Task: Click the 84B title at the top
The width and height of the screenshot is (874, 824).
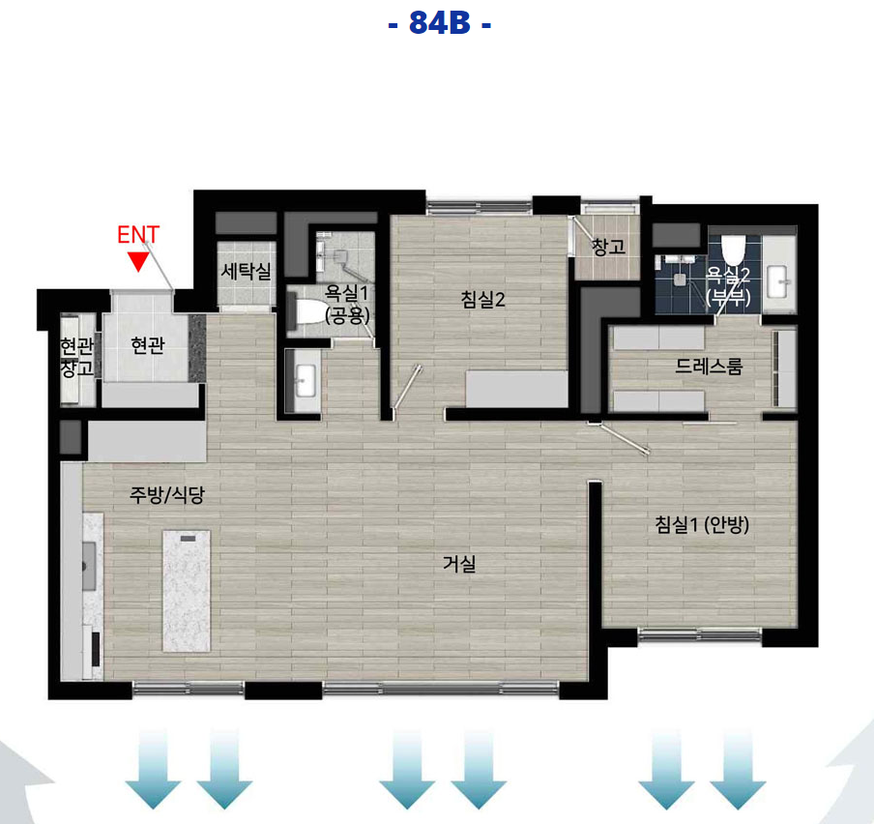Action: pos(439,23)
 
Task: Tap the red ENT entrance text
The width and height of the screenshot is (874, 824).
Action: pos(138,235)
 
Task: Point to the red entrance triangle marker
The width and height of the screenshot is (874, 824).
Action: pos(137,261)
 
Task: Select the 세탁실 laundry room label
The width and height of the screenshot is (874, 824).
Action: pos(246,272)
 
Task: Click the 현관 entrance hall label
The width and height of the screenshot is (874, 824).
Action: pos(148,345)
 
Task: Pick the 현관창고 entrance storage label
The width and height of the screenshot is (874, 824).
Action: pos(77,357)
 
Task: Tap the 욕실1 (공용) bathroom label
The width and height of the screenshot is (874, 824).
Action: pos(347,304)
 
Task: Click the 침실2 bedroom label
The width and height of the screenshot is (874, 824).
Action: pos(482,300)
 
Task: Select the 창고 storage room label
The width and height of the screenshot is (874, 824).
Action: pos(608,247)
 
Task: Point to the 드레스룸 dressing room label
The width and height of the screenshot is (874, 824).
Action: pos(709,367)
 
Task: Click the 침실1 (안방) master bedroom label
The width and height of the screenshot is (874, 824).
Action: pos(701,524)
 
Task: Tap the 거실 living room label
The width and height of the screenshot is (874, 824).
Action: pos(459,563)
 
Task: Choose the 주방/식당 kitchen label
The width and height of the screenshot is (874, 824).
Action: pos(167,494)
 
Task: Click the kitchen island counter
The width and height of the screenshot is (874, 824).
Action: pos(187,591)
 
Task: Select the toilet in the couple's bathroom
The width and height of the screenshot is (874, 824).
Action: pos(733,250)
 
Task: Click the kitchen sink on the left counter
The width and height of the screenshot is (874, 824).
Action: pos(89,566)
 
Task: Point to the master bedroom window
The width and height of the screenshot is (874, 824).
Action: pos(700,635)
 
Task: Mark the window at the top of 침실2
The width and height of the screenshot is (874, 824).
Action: pos(480,207)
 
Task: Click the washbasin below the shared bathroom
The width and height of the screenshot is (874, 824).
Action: pos(305,381)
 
